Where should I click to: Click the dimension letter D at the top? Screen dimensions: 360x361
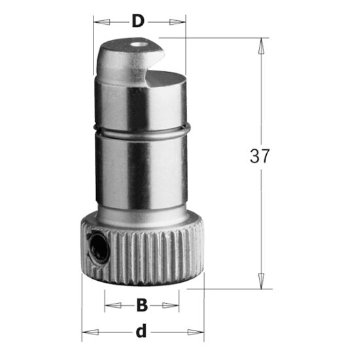pos(137,20)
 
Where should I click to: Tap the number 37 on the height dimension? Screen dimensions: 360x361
pos(260,156)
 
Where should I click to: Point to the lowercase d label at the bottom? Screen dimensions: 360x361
pos(140,331)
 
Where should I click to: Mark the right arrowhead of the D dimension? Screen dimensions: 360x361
pos(180,22)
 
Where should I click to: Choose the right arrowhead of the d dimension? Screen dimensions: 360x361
pos(198,331)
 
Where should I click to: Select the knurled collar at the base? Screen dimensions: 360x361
pos(150,255)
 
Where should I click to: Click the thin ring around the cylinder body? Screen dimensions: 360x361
pos(141,129)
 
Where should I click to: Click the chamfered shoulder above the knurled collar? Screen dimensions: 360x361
pos(141,219)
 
